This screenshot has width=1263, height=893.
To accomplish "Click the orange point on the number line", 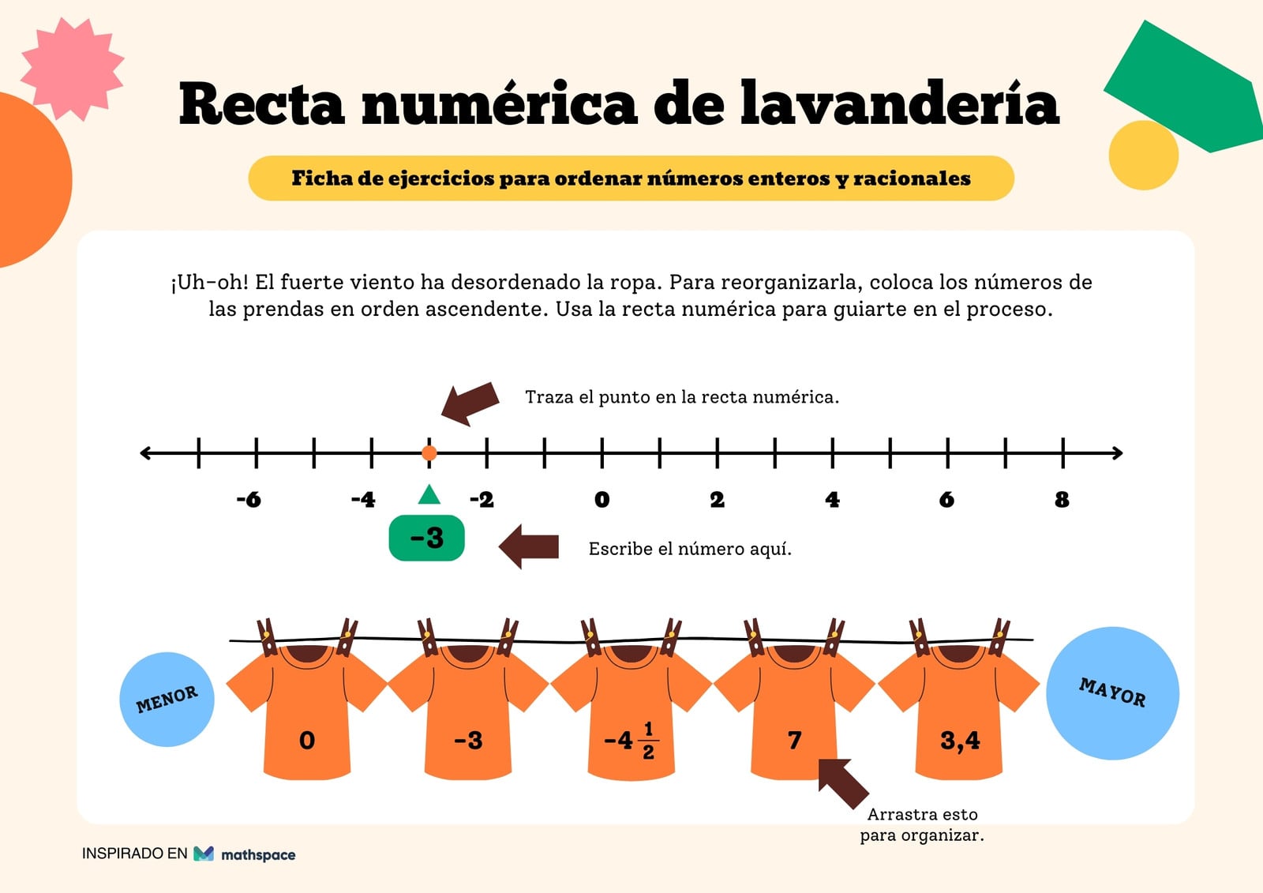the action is coord(429,452).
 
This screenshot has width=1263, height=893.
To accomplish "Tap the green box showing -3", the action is coord(427,538).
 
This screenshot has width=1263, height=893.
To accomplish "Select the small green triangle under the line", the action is coord(429,494).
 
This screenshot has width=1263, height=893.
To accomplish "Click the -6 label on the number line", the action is coord(249,499).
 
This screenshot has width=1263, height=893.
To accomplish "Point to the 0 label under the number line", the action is coord(602,499).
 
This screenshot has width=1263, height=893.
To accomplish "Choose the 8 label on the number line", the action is coord(1062,499).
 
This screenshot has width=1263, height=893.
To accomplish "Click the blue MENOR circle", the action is coord(167,700).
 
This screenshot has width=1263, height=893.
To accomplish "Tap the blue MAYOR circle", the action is coord(1112,693).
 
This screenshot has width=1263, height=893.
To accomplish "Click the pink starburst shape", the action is coord(73,69).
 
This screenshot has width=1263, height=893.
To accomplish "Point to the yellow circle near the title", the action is coord(1144,155).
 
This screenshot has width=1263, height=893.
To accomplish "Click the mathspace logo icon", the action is coord(204,854).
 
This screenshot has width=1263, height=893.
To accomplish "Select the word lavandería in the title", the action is coord(900,103).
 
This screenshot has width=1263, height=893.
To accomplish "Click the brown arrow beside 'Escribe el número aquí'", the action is coord(529,546).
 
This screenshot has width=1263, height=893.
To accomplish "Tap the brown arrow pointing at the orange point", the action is coord(470,404).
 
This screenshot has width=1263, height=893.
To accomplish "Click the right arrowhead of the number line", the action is coord(1118,453).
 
